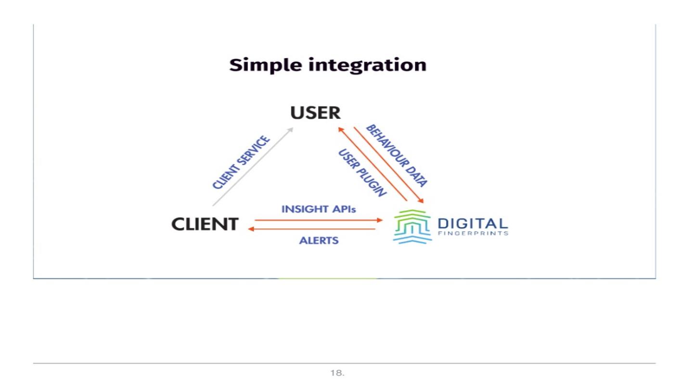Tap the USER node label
(315, 113)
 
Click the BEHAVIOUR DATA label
(397, 155)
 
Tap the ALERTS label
(319, 240)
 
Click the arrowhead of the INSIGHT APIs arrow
(380, 220)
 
